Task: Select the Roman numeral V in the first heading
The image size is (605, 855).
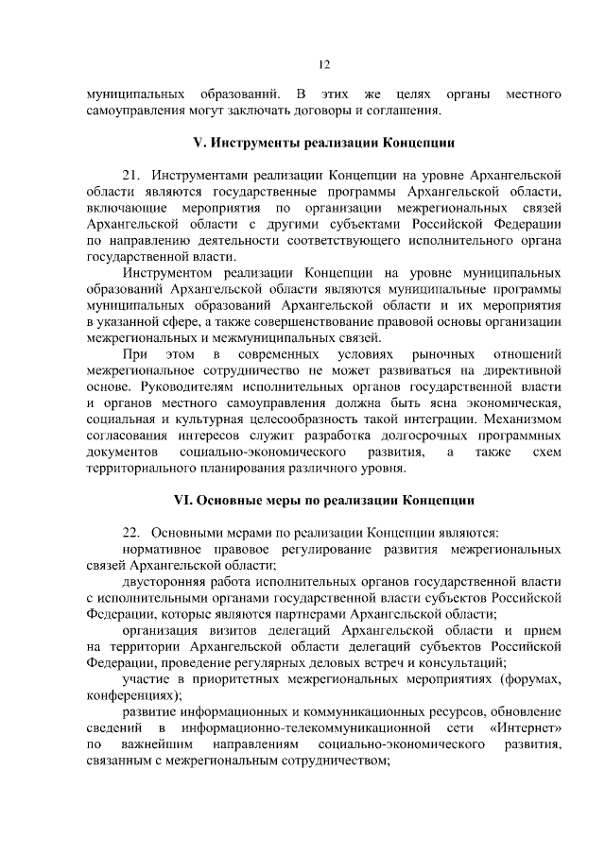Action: [197, 145]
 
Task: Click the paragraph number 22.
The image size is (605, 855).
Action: [132, 532]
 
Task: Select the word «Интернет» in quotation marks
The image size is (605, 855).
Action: [526, 730]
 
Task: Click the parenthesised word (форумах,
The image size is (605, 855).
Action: [527, 679]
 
